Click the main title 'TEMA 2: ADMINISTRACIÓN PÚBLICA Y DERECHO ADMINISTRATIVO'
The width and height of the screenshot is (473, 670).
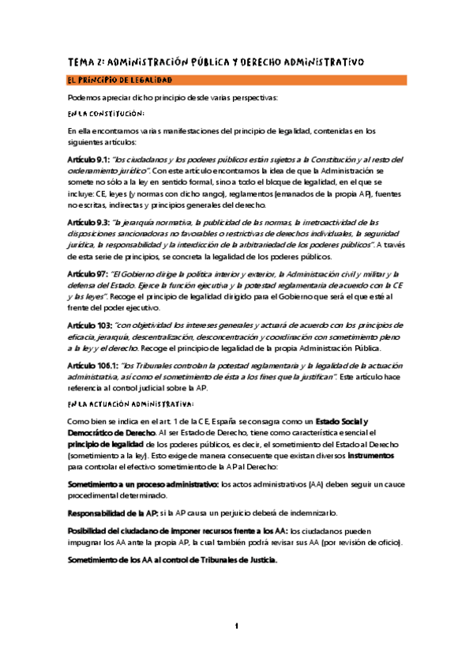[215, 61]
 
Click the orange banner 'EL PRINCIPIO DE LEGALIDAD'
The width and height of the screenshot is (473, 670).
[120, 81]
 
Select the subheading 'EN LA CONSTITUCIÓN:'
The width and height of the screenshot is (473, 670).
[106, 114]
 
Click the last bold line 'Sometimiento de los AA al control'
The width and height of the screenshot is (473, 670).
[172, 560]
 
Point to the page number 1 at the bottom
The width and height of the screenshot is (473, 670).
[236, 626]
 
